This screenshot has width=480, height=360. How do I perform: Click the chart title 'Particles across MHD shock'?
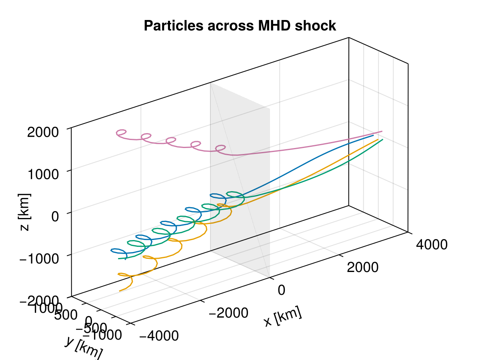click(x=240, y=26)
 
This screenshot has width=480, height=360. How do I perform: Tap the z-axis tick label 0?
click(x=56, y=216)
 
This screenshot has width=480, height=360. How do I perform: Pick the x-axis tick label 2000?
click(x=362, y=267)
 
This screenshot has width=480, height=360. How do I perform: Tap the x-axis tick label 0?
click(x=281, y=290)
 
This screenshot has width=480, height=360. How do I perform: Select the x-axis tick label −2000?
click(x=228, y=313)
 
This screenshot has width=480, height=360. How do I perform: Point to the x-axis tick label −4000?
click(x=159, y=336)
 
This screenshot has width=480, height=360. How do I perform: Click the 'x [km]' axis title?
click(x=282, y=318)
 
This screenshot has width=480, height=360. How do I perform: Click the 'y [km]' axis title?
click(x=84, y=347)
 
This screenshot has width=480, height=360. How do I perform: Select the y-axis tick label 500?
click(x=66, y=314)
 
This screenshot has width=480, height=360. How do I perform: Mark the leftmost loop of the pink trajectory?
click(x=121, y=132)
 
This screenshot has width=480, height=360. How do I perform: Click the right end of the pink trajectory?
click(x=382, y=131)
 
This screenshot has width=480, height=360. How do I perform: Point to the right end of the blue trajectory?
click(x=373, y=136)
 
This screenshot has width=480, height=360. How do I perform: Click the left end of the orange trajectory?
click(x=119, y=291)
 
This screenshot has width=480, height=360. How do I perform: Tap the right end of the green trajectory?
click(x=383, y=139)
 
